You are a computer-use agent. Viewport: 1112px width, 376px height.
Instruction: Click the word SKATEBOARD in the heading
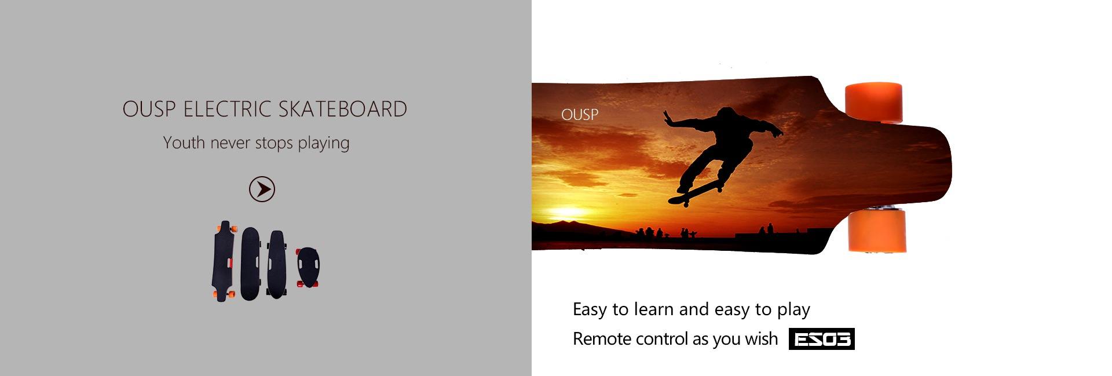click(x=343, y=109)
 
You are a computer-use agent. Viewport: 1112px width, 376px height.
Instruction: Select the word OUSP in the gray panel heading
click(x=149, y=109)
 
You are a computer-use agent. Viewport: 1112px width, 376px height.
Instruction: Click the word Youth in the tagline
click(x=184, y=143)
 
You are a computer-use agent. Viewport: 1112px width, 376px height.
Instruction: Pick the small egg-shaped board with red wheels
click(x=308, y=268)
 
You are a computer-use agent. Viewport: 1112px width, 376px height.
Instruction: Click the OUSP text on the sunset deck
click(x=579, y=115)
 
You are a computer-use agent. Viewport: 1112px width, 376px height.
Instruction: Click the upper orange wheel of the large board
click(x=873, y=102)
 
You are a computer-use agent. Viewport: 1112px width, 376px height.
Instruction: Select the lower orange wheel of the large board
click(x=877, y=231)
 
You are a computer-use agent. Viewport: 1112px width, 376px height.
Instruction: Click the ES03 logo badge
click(x=821, y=339)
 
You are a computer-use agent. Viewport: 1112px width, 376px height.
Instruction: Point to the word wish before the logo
click(x=761, y=338)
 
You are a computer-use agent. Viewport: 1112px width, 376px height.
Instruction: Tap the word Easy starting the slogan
click(x=590, y=310)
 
